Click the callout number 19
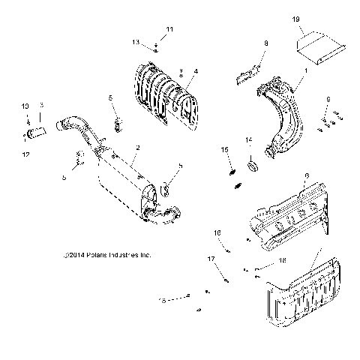click(x=316, y=18)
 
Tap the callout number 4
click(x=195, y=71)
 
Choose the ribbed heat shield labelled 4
click(x=165, y=94)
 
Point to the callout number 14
click(x=249, y=140)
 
